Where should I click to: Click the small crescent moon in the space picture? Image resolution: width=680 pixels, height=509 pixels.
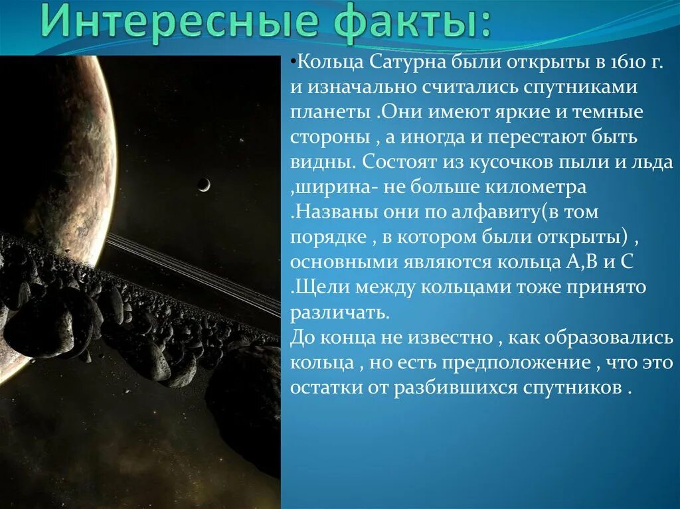(x=205, y=184)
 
